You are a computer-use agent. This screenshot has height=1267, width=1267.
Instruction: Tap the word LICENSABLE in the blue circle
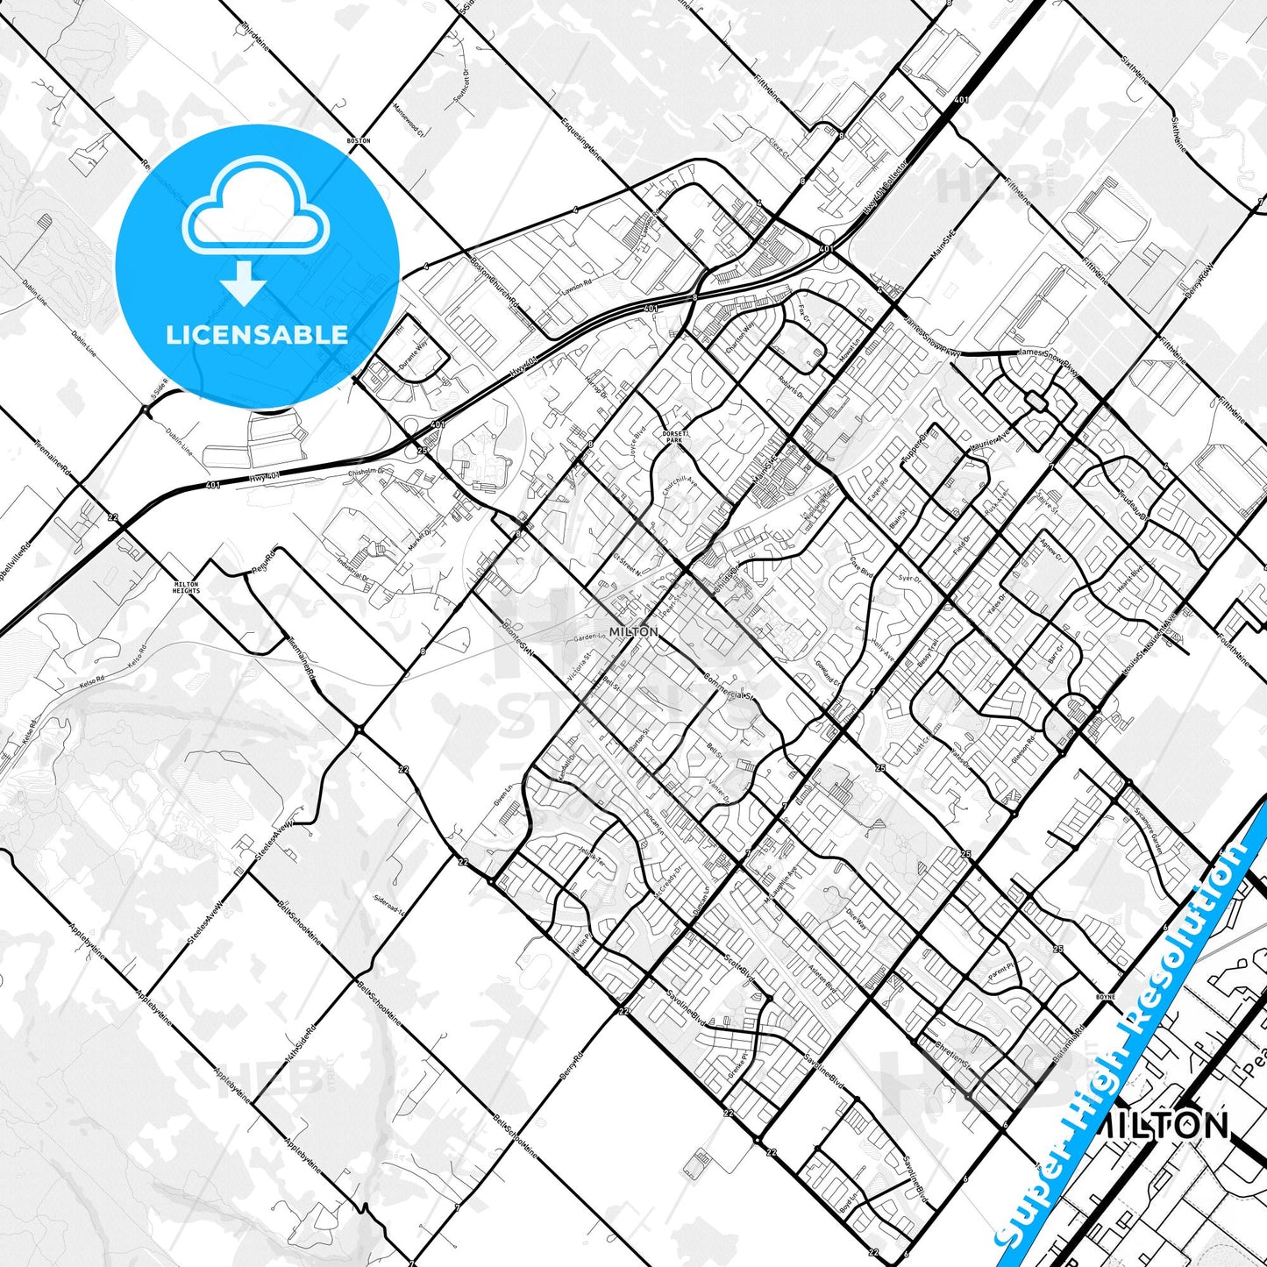256,334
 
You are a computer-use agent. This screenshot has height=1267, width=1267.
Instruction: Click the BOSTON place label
359,140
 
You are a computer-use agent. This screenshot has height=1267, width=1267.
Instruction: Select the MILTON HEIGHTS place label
186,587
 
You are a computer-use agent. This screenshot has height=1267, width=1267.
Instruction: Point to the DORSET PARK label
673,437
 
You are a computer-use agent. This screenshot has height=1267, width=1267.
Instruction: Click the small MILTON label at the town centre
634,631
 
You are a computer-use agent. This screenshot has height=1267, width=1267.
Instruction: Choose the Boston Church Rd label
495,284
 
